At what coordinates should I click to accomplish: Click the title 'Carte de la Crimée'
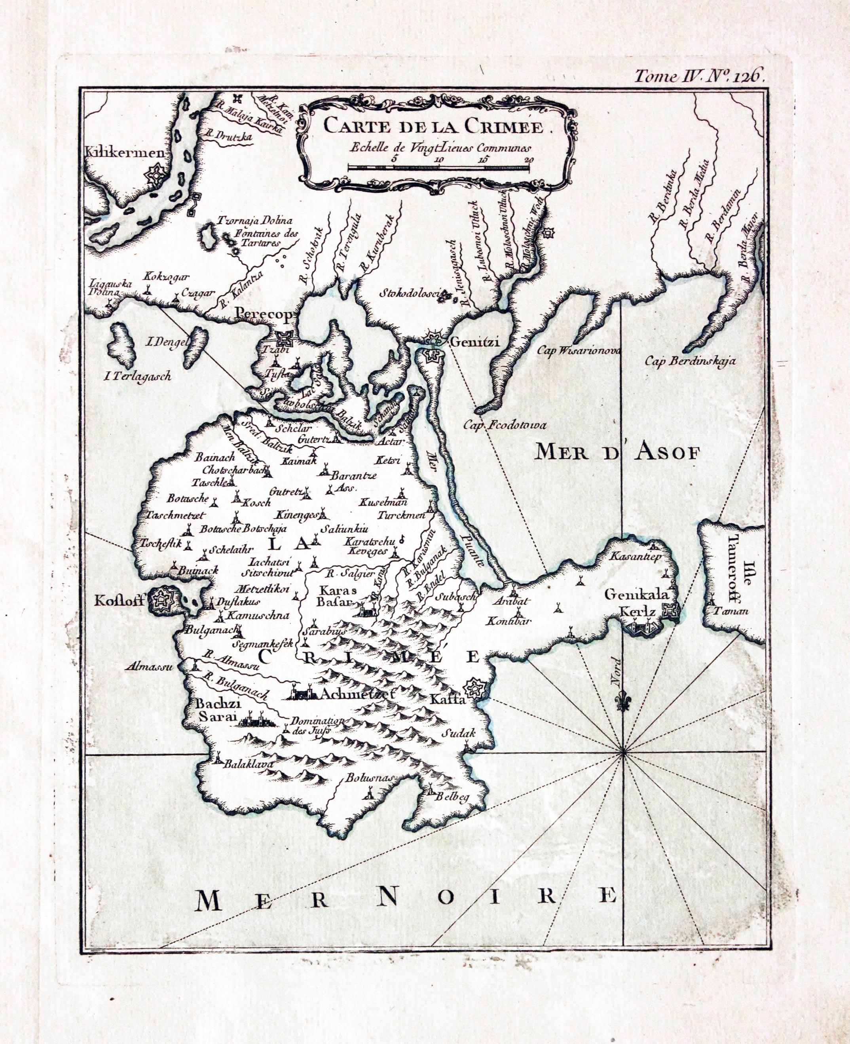(x=434, y=127)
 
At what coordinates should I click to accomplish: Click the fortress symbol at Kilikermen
(x=156, y=174)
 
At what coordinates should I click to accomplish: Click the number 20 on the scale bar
(x=528, y=160)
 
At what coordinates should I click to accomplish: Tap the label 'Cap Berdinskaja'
(x=690, y=361)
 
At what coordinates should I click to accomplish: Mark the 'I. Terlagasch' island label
(x=138, y=376)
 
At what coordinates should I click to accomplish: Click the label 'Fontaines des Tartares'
(x=259, y=238)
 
